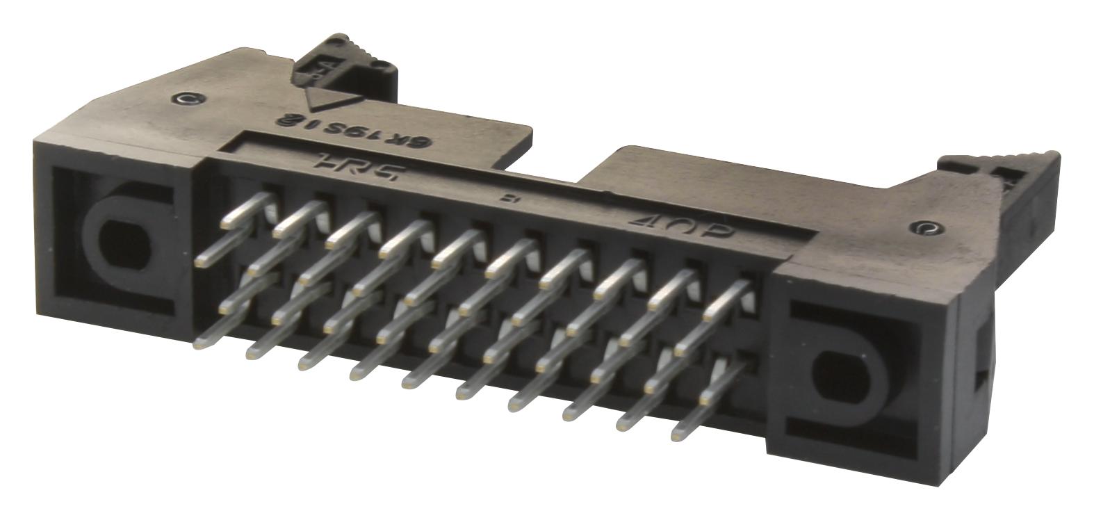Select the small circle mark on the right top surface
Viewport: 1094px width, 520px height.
click(x=924, y=227)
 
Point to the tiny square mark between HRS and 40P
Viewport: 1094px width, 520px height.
click(x=506, y=199)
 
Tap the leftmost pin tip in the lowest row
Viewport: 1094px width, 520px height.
click(x=204, y=341)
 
